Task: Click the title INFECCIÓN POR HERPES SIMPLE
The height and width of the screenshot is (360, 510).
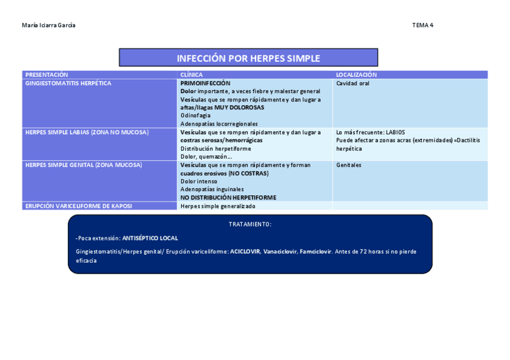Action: [x=248, y=58]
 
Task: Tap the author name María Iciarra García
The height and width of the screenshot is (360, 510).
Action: [x=49, y=25]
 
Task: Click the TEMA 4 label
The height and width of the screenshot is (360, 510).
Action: [x=422, y=25]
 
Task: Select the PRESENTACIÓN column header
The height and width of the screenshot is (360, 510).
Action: [x=47, y=75]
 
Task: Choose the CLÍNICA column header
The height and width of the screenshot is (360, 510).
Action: [x=191, y=75]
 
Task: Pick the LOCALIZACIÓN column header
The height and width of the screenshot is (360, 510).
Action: [x=356, y=75]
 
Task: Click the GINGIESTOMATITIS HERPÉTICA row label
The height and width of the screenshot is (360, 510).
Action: [x=68, y=84]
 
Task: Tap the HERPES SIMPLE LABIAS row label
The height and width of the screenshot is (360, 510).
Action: [x=87, y=132]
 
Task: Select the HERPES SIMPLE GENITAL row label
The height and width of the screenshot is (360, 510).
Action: [x=84, y=165]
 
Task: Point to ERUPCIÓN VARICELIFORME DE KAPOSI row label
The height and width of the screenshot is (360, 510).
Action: [x=79, y=206]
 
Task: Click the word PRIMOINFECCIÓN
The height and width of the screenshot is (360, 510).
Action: [x=205, y=83]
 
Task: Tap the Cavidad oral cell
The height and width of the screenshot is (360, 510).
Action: [x=352, y=84]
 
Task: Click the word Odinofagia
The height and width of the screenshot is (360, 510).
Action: [x=195, y=115]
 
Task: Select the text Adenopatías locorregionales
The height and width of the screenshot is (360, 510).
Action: [x=219, y=124]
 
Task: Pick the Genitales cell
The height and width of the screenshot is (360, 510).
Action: [x=349, y=165]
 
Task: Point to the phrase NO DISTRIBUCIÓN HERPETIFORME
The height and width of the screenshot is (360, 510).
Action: [x=228, y=197]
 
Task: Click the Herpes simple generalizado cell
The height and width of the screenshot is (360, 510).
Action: [x=218, y=206]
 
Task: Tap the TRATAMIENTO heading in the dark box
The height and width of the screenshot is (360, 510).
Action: [x=250, y=224]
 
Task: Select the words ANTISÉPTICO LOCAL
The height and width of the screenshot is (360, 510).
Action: [x=150, y=238]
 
